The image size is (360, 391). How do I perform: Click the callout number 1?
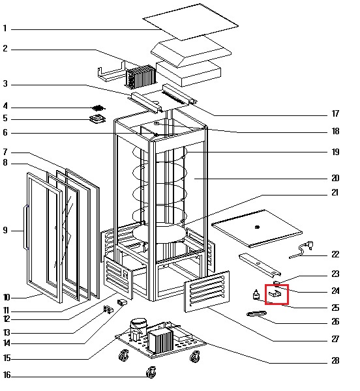(5, 29)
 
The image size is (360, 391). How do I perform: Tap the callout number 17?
(335, 113)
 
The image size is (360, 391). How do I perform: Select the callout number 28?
(335, 360)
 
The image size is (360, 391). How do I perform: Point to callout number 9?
(5, 230)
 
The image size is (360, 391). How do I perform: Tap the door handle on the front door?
(26, 227)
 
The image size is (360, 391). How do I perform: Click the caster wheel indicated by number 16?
(151, 373)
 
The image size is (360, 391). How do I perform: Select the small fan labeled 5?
(98, 119)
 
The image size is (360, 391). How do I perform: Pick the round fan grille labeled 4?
(98, 108)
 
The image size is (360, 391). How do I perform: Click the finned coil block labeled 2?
(141, 77)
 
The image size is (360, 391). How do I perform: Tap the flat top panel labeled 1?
(190, 22)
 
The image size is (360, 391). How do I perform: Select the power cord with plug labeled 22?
(301, 250)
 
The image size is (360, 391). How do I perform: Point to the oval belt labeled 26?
(256, 313)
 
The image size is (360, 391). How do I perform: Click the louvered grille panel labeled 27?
(207, 291)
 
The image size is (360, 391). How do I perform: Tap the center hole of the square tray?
(257, 227)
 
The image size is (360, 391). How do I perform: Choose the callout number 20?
(335, 178)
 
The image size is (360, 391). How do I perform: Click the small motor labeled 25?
(256, 295)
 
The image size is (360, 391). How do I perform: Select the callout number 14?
(7, 343)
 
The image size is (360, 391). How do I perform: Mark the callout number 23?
(335, 274)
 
